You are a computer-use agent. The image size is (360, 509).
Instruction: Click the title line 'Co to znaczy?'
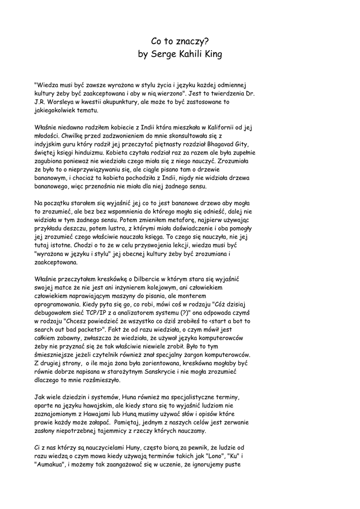point(180,43)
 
